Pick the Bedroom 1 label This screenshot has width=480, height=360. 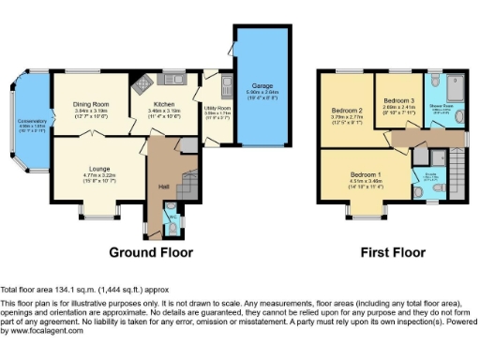coord(366,175)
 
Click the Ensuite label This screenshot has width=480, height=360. coord(430,172)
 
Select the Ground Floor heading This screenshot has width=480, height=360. coord(151,252)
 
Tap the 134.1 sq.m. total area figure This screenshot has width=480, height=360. coord(76,290)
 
